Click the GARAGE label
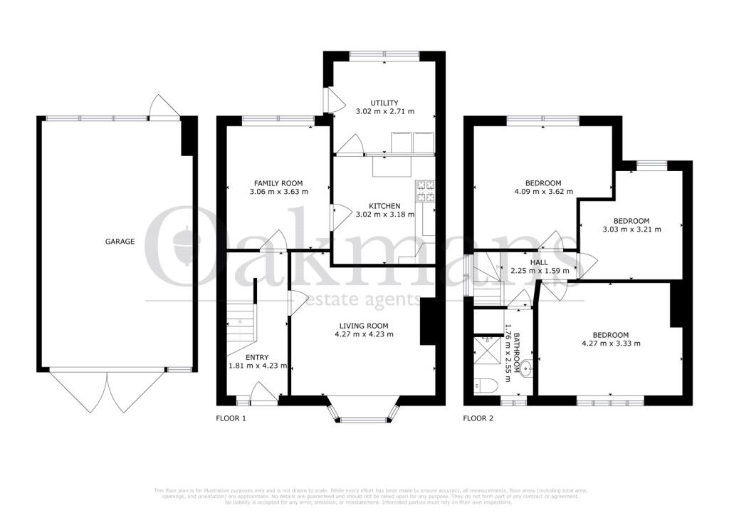click(120, 242)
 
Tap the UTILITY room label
click(384, 103)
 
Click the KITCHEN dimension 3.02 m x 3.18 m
click(384, 214)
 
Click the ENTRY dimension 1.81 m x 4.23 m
click(258, 366)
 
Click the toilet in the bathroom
click(488, 386)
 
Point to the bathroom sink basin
click(525, 368)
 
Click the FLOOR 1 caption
click(231, 418)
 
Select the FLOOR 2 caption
click(478, 418)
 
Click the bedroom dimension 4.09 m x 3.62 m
click(544, 191)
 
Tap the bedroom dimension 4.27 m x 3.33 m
click(611, 344)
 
